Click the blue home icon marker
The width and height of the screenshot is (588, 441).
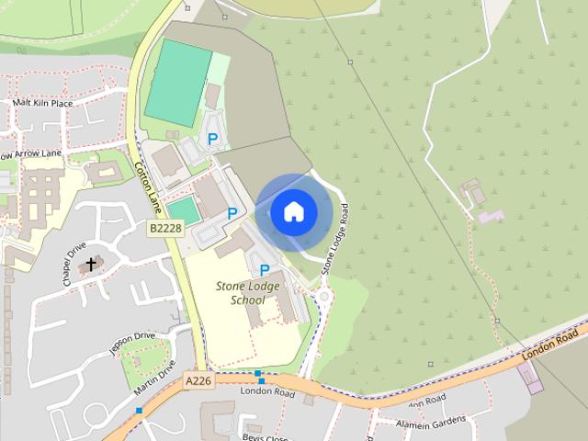(x=293, y=212)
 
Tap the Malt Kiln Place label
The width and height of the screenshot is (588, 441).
(x=42, y=103)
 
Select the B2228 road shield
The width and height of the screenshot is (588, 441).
(x=166, y=227)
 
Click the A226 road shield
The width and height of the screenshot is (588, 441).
(x=198, y=380)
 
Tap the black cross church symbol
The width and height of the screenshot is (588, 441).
(x=90, y=265)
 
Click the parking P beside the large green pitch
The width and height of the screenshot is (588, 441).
(x=213, y=139)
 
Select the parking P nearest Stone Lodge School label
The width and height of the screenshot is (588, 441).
(x=265, y=270)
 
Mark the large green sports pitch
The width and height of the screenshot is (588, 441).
(x=178, y=83)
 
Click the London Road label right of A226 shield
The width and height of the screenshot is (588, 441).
(x=266, y=391)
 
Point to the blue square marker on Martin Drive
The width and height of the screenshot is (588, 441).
(x=139, y=410)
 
